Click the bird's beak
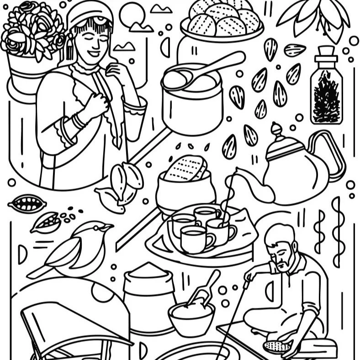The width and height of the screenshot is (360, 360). pyautogui.click(x=108, y=226)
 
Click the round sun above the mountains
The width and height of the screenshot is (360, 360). pyautogui.click(x=131, y=14)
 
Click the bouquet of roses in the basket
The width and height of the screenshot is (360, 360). pyautogui.click(x=30, y=30)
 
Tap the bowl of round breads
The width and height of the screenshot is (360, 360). pyautogui.click(x=222, y=21)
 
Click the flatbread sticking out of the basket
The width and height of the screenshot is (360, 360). pyautogui.click(x=185, y=169)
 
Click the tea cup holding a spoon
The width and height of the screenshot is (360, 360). pyautogui.click(x=221, y=228)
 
